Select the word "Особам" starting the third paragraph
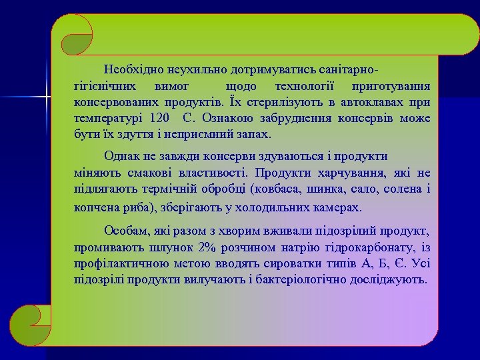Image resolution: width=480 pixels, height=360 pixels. click(125, 231)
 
